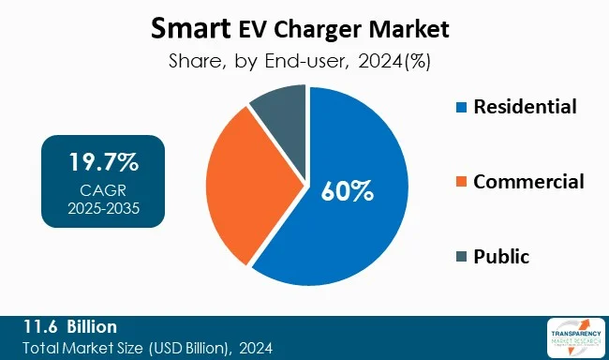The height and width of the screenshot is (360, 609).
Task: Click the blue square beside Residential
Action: click(x=460, y=107)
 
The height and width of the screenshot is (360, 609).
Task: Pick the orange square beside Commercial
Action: click(x=460, y=182)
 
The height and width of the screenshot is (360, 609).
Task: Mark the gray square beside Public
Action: click(x=460, y=256)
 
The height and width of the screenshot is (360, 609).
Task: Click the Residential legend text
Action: click(x=525, y=106)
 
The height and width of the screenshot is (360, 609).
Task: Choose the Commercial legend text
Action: click(x=528, y=181)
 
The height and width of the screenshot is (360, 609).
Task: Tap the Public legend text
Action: click(x=502, y=256)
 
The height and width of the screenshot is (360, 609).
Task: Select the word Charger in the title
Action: click(x=323, y=29)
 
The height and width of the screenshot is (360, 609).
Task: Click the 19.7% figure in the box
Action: click(x=103, y=162)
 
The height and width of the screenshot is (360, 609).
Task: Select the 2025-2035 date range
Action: click(x=103, y=207)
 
